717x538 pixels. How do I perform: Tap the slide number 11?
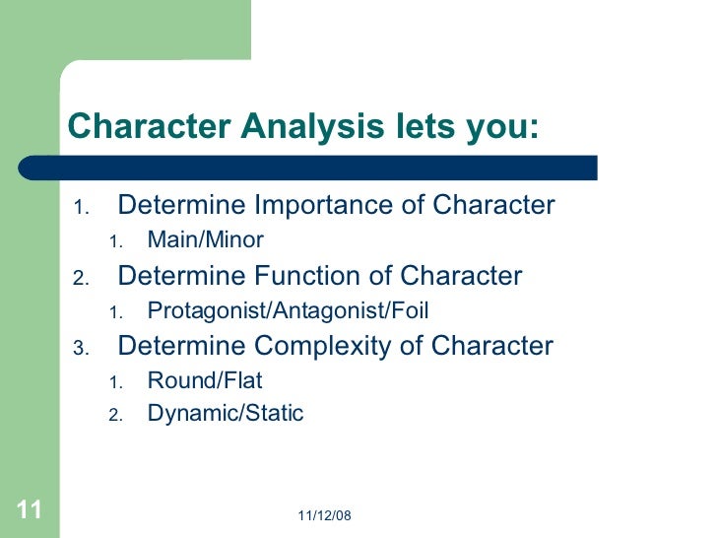pyautogui.click(x=29, y=509)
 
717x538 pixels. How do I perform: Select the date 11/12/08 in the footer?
pyautogui.click(x=324, y=515)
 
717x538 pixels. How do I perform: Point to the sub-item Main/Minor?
pyautogui.click(x=205, y=240)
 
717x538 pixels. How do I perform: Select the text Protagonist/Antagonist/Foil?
pyautogui.click(x=288, y=310)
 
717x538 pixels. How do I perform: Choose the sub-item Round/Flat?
pyautogui.click(x=205, y=380)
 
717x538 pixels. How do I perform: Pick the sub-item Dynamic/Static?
pyautogui.click(x=225, y=414)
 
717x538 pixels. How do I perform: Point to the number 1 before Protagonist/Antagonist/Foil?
pyautogui.click(x=113, y=312)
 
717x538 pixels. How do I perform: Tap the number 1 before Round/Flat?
pyautogui.click(x=113, y=382)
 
